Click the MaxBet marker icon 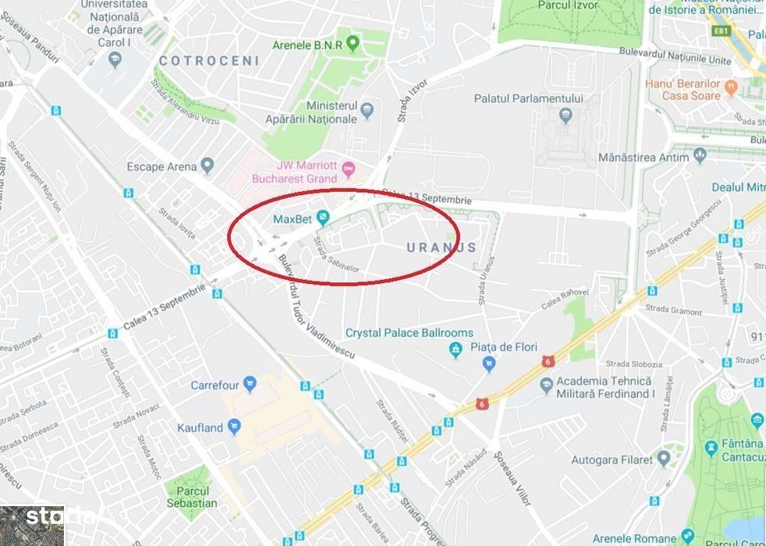pos(322,218)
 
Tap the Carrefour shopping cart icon pos(250,385)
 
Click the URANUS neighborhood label pos(442,247)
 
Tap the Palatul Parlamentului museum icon pos(566,117)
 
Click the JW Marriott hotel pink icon pos(348,168)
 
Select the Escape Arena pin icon pos(207,165)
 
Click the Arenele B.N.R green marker pos(353,44)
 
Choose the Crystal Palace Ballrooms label pos(410,333)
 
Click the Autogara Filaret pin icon pos(664,459)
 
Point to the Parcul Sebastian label pos(192,497)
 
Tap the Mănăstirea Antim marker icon pos(700,157)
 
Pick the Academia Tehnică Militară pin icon pos(547,385)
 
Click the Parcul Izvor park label pos(568,5)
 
